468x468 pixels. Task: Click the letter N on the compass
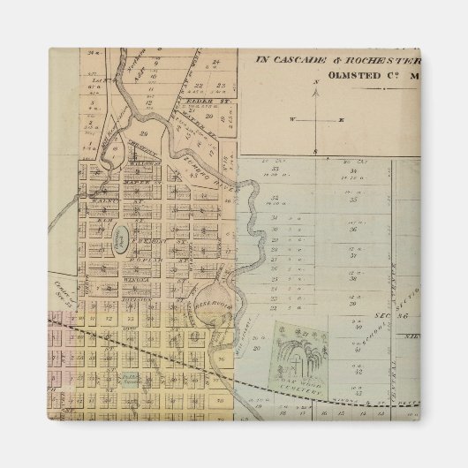[x=315, y=82]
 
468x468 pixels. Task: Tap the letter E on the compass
[x=342, y=118]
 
